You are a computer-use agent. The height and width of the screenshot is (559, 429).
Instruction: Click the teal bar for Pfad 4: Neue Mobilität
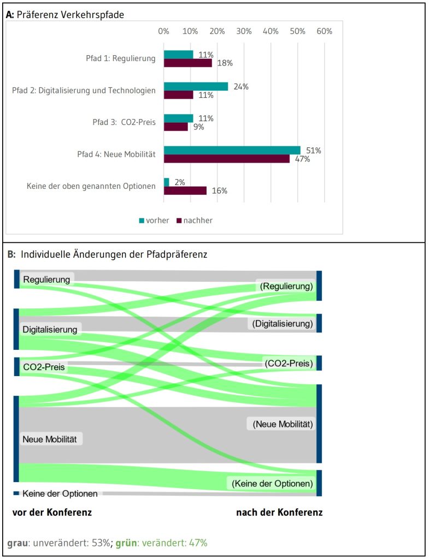[x=232, y=150]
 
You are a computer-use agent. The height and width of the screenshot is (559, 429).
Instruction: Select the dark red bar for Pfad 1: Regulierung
[x=187, y=63]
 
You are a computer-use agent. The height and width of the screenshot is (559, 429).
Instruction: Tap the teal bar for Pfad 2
[x=196, y=86]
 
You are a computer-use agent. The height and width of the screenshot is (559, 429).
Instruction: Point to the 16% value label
[x=220, y=191]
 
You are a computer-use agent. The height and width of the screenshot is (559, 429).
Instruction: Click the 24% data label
[x=241, y=86]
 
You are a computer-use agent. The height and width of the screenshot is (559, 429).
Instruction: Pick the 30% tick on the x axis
[x=244, y=31]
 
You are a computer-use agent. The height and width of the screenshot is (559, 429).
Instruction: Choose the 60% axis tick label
[x=324, y=31]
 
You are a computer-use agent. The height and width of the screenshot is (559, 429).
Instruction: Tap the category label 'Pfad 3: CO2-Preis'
[x=124, y=122]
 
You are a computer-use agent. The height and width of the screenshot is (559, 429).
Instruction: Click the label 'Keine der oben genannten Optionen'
[x=91, y=186]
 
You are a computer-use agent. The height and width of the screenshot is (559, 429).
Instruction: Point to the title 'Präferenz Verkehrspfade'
[x=70, y=15]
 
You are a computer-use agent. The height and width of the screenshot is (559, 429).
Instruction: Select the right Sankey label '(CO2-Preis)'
[x=288, y=363]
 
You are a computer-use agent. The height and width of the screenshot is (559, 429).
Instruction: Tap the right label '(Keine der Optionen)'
[x=272, y=483]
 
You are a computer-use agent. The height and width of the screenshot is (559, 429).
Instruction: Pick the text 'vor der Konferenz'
[x=52, y=512]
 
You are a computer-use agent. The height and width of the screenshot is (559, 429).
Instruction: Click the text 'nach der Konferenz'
[x=279, y=512]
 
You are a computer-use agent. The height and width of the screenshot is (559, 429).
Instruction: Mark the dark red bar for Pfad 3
[x=175, y=127]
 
